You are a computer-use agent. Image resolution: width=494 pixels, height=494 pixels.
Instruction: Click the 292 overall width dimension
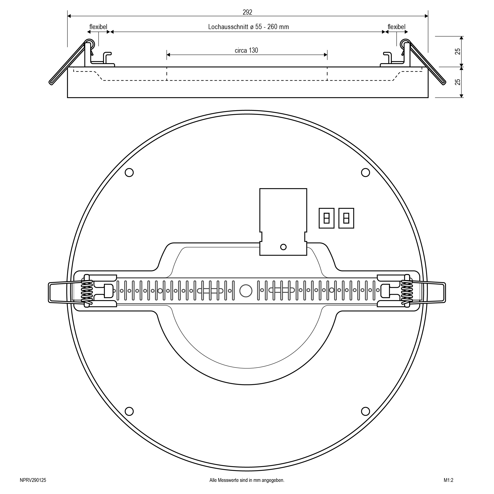(x=247, y=12)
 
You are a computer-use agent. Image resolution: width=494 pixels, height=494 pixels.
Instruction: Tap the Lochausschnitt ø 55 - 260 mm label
(x=248, y=27)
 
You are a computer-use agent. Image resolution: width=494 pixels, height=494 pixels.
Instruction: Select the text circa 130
(x=247, y=50)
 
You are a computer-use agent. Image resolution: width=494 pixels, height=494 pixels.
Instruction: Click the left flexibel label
(x=98, y=27)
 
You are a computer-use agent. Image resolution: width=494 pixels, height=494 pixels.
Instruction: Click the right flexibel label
(x=396, y=27)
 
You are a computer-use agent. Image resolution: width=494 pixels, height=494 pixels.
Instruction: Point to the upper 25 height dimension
(x=458, y=51)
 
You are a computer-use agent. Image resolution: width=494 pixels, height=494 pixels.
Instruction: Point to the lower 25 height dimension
(x=458, y=82)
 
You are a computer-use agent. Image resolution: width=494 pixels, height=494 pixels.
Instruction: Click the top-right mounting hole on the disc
(x=365, y=172)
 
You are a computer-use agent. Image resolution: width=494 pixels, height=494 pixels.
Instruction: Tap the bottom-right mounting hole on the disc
(x=365, y=411)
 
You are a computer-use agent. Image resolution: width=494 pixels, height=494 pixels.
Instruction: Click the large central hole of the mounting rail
(x=246, y=291)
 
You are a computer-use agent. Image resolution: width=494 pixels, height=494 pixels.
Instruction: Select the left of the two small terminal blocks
(x=326, y=218)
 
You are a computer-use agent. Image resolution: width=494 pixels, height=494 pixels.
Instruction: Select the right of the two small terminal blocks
(x=346, y=218)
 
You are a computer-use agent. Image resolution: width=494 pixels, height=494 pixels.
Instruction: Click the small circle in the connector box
(x=283, y=247)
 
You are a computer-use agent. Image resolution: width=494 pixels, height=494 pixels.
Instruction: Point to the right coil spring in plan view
(x=407, y=291)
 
